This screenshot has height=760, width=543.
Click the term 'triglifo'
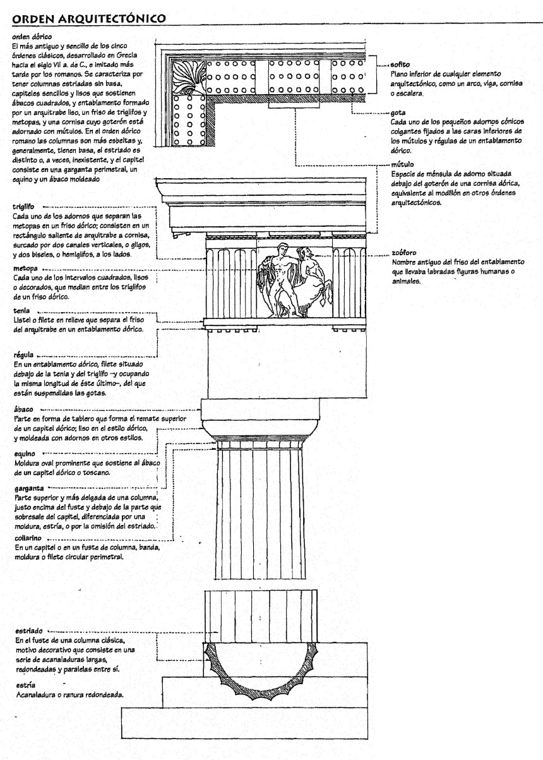[x=24, y=206]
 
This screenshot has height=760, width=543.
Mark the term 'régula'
[x=24, y=356]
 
